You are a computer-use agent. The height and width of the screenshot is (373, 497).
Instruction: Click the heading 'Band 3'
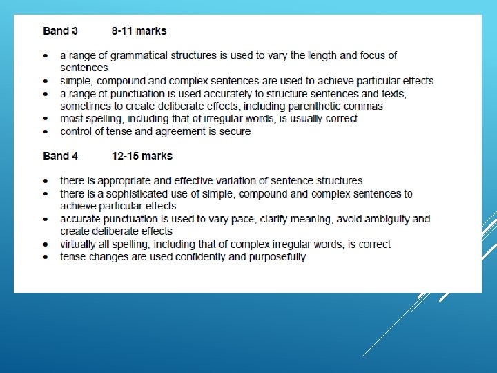coord(60,30)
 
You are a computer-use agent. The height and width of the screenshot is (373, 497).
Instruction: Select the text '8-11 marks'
coord(139,30)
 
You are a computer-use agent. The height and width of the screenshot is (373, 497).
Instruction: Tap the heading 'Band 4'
coord(60,155)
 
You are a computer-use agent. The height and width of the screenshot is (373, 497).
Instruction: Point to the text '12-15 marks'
coord(142,155)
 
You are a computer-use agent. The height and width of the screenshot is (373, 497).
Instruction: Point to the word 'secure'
coord(234,131)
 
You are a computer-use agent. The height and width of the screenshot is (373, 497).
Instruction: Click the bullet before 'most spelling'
coord(46,119)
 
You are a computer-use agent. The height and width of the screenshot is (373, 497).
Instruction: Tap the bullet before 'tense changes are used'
coord(46,257)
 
